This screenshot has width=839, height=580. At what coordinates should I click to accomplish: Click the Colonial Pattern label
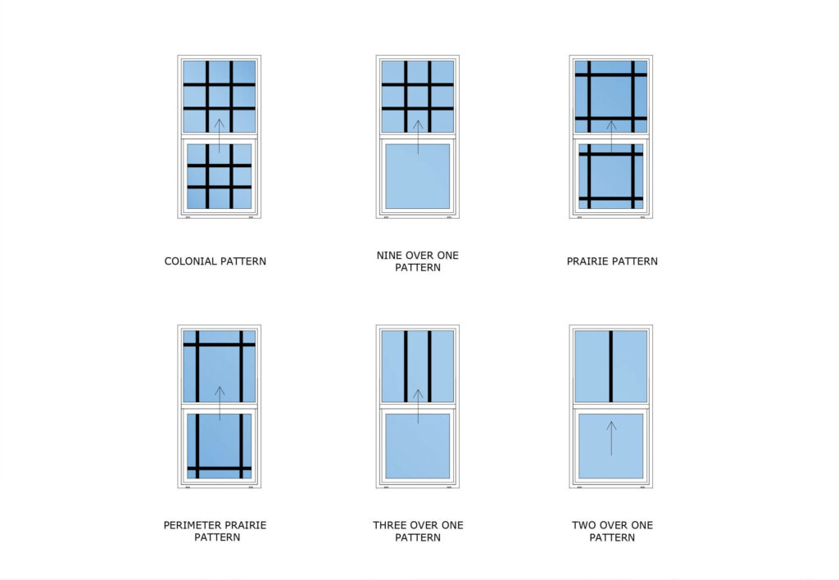click(x=215, y=261)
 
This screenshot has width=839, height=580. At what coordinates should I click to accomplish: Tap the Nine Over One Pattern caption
click(x=417, y=261)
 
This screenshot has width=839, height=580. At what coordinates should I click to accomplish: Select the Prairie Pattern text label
click(x=611, y=261)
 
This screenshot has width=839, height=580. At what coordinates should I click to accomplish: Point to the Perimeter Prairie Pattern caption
click(x=216, y=531)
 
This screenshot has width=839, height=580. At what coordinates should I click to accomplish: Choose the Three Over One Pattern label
click(x=417, y=531)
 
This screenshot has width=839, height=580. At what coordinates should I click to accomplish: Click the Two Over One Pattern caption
click(x=611, y=531)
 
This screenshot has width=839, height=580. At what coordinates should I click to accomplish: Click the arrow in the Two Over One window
click(x=611, y=438)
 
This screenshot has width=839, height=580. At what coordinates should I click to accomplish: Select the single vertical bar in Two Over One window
click(x=611, y=365)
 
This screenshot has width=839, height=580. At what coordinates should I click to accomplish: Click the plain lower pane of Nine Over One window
click(x=417, y=176)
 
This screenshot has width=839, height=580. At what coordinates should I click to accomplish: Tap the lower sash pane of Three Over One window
click(x=417, y=446)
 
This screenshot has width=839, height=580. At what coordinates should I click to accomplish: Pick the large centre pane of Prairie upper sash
click(x=611, y=96)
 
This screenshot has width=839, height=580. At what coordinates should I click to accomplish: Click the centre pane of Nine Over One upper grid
click(x=417, y=96)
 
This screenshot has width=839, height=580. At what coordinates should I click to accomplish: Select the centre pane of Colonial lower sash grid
click(x=219, y=176)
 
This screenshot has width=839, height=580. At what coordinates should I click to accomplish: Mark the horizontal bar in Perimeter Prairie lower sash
click(x=219, y=469)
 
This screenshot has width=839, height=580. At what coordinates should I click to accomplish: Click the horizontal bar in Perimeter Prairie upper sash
click(x=219, y=344)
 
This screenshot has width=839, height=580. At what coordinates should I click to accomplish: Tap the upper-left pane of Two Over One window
click(x=592, y=365)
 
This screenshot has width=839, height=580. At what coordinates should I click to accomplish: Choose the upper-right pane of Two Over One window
click(x=630, y=365)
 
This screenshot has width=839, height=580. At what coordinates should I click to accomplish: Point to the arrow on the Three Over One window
click(x=417, y=406)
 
